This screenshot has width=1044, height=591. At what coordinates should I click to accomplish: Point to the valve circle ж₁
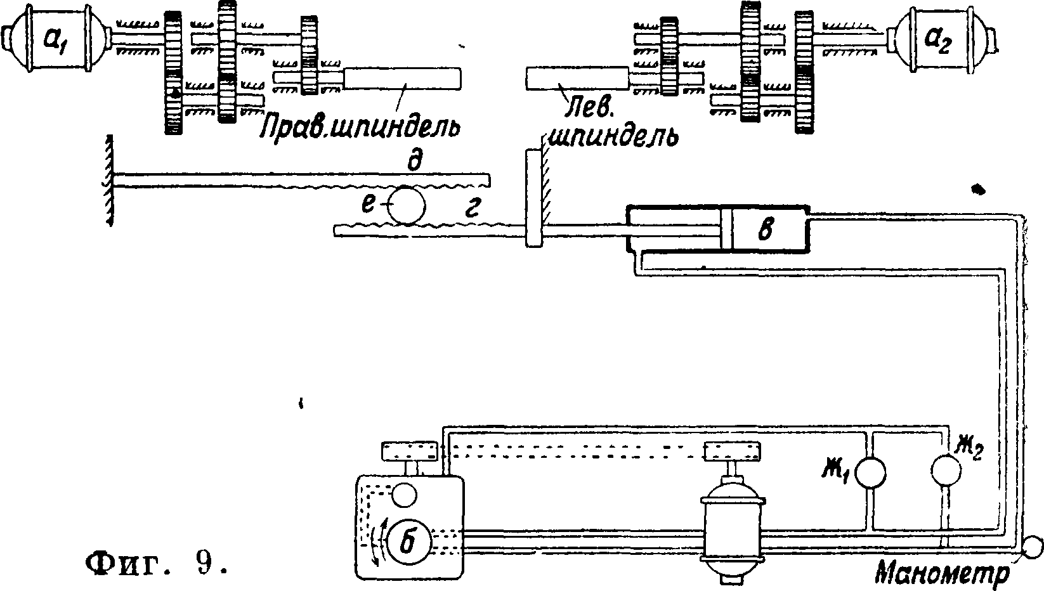pyautogui.click(x=870, y=472)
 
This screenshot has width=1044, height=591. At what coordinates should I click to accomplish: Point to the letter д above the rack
pyautogui.click(x=414, y=162)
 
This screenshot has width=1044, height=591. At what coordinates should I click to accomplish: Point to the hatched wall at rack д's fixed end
pyautogui.click(x=109, y=181)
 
